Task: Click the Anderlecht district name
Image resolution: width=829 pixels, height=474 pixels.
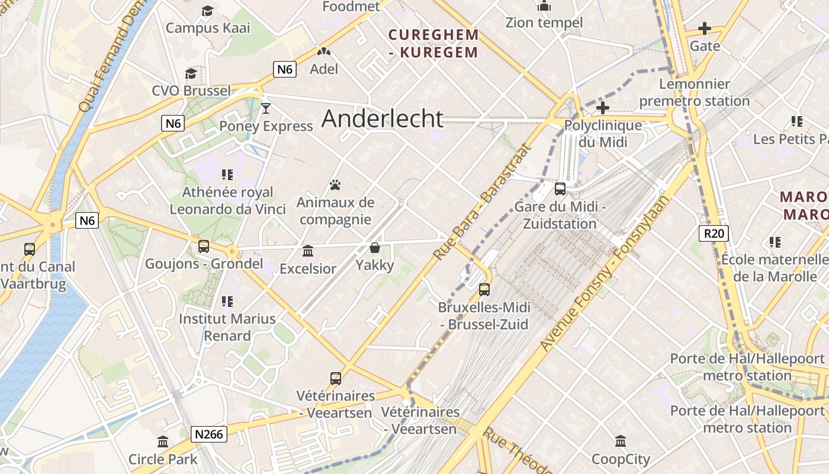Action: [383, 119]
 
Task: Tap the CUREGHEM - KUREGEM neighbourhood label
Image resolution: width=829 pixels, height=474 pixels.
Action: [433, 44]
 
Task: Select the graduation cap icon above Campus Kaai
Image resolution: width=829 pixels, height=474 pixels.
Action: [207, 11]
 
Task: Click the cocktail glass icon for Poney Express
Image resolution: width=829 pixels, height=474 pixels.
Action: [266, 108]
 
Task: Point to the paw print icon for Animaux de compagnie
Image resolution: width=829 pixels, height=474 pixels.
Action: [335, 185]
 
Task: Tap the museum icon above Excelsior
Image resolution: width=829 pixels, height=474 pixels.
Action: [308, 251]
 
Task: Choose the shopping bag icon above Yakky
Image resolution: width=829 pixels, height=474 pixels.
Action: [375, 248]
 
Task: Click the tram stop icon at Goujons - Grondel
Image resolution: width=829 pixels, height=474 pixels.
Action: [204, 246]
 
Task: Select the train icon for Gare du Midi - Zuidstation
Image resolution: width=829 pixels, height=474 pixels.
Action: [560, 190]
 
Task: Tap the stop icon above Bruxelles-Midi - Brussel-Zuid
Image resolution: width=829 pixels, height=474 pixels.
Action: [484, 290]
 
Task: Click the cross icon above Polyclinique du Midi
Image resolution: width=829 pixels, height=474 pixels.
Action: [603, 108]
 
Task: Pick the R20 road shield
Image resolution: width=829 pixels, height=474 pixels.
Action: [714, 233]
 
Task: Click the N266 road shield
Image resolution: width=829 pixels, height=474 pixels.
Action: [210, 434]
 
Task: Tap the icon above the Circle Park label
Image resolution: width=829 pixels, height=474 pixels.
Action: [163, 442]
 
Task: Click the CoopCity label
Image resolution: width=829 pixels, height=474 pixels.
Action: [621, 459]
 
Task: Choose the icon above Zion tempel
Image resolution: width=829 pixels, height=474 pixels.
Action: [544, 6]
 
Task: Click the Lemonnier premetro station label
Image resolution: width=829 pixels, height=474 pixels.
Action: [695, 92]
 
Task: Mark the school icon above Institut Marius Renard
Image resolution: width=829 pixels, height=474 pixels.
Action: [227, 302]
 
